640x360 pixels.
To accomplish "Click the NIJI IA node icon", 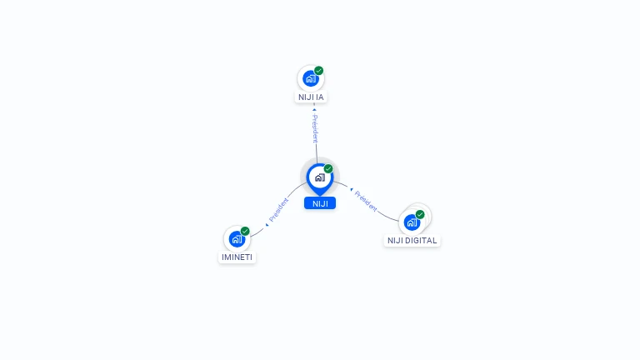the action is point(311,79).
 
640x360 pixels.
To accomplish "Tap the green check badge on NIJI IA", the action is point(318,71).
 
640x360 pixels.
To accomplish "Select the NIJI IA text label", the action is point(311,97).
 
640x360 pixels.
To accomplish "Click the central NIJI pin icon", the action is point(319,177).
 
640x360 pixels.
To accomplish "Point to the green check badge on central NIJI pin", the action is point(328,169).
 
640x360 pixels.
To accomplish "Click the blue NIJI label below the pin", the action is point(320,203).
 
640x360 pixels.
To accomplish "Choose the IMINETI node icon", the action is point(237,239).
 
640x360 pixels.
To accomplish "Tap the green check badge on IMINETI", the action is point(245,231).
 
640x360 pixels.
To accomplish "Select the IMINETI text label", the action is point(237,257).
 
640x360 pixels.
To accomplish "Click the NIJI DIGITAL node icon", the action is point(412,222).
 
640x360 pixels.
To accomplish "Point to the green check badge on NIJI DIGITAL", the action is point(420,214).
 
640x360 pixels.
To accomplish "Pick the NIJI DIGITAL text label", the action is point(412,240).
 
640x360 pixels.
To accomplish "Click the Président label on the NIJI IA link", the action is point(315,128).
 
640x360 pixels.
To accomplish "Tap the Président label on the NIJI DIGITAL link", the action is point(366,201).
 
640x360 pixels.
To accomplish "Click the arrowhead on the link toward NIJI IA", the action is point(314,109).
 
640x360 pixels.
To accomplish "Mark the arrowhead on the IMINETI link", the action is point(267,224).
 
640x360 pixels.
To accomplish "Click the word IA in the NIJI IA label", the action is point(320,97).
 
